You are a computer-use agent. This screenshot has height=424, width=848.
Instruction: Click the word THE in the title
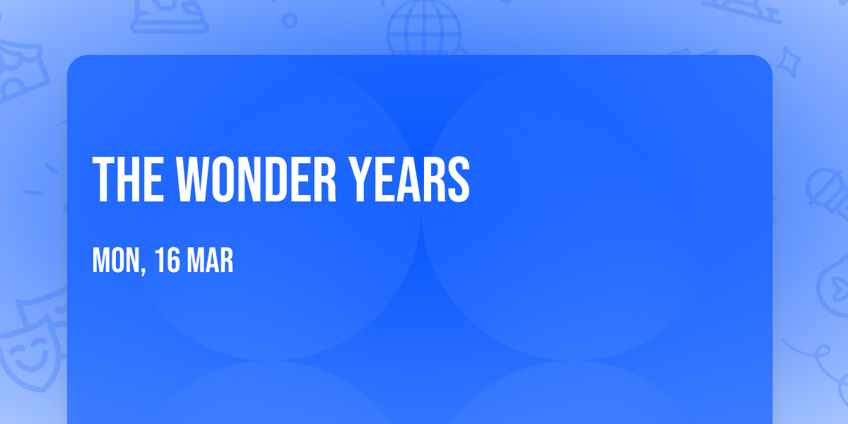(129, 179)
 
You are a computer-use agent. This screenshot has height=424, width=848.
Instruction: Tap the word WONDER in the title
(256, 179)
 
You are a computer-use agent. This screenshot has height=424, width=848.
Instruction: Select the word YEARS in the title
(409, 179)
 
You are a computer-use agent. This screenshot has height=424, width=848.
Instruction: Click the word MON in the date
(116, 260)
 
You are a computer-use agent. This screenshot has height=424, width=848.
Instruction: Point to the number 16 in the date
(167, 260)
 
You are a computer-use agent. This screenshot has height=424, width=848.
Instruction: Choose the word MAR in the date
(210, 260)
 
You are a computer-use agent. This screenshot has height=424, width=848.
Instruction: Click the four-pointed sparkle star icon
(788, 62)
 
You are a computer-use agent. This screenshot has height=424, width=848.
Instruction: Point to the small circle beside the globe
(290, 20)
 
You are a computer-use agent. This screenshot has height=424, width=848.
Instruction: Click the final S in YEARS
(459, 179)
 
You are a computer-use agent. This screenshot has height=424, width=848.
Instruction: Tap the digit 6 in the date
(173, 260)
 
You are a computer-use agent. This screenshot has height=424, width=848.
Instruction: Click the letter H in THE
(128, 179)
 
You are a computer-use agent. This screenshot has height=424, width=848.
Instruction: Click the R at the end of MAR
(226, 260)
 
